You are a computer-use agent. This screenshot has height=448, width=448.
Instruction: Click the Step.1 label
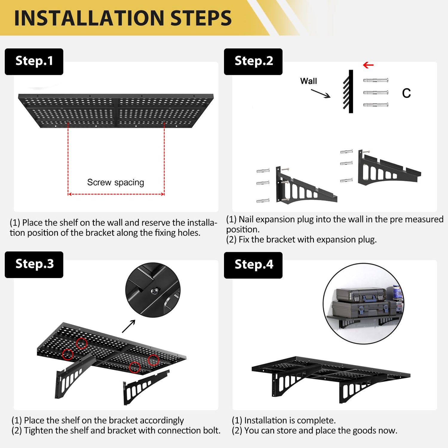click(x=34, y=61)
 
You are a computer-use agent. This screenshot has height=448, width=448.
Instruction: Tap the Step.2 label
click(x=253, y=61)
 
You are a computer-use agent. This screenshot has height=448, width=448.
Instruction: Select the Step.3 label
click(x=34, y=264)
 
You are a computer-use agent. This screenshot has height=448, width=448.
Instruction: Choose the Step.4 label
click(x=253, y=265)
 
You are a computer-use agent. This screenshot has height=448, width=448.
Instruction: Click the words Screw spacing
click(x=116, y=182)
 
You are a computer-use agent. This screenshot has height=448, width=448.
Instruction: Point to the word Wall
click(x=309, y=81)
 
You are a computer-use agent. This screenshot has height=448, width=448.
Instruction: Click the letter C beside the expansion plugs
click(x=406, y=93)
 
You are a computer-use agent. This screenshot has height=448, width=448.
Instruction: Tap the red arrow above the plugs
click(x=368, y=65)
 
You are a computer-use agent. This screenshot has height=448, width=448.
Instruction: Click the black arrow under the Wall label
click(x=321, y=93)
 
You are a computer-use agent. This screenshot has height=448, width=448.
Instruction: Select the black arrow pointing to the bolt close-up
click(x=129, y=326)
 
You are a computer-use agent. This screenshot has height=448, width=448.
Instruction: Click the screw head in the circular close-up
click(x=155, y=290)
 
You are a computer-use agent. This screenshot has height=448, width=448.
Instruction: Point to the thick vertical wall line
click(x=351, y=91)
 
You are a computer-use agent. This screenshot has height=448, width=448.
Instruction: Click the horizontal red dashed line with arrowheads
click(x=116, y=194)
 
